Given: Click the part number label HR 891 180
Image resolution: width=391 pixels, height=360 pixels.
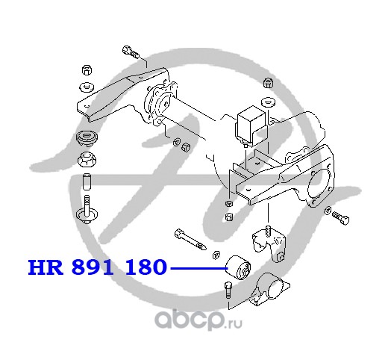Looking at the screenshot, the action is click(x=97, y=267).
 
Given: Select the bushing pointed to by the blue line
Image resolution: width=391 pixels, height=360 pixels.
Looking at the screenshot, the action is click(x=238, y=267).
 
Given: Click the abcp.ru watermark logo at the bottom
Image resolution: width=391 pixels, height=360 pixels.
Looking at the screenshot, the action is click(x=198, y=320).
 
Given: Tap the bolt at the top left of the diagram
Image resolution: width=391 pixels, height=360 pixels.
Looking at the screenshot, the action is click(x=131, y=52).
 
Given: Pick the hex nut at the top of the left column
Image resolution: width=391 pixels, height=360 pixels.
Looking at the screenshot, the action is click(x=87, y=70).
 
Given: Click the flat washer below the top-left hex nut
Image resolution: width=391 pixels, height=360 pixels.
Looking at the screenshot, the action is click(x=87, y=87).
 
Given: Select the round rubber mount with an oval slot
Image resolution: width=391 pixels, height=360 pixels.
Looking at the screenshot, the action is click(x=87, y=139).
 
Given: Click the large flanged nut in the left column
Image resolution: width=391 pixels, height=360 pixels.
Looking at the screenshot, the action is click(x=87, y=160).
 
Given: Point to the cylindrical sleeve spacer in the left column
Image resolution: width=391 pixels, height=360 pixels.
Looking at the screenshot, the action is click(x=87, y=181).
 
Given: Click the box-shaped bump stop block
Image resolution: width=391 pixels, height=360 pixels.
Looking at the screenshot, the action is click(x=251, y=126).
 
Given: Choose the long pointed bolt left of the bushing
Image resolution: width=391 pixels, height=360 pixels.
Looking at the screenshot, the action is click(x=190, y=239).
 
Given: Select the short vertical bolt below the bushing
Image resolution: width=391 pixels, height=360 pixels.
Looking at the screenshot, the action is click(x=228, y=290).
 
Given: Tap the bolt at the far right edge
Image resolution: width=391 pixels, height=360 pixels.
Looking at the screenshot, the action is click(x=340, y=217).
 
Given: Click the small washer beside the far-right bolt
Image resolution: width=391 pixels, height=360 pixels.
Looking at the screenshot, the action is click(x=327, y=211).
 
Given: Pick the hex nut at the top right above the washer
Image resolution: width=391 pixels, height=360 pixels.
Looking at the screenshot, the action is click(x=268, y=83).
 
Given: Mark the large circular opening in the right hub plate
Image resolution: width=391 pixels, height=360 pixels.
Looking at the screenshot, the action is click(x=320, y=183).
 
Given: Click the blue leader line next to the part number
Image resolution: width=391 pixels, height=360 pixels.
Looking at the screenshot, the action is click(x=199, y=268).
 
